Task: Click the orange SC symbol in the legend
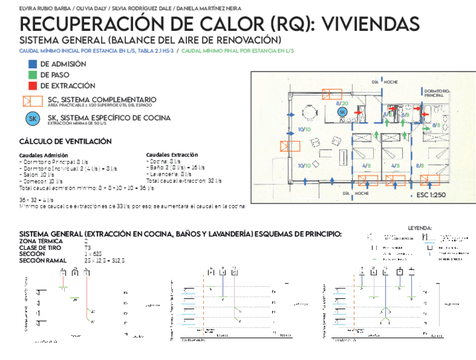(33, 101)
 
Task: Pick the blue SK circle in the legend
(33, 119)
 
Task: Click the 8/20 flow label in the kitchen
(342, 103)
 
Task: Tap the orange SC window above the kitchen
(334, 93)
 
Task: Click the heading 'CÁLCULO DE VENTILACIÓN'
(65, 142)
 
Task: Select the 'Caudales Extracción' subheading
(172, 154)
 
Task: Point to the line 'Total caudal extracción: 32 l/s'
(184, 181)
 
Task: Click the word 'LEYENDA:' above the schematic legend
(420, 228)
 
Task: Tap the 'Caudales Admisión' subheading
(44, 155)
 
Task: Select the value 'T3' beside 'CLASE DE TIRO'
(88, 248)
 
